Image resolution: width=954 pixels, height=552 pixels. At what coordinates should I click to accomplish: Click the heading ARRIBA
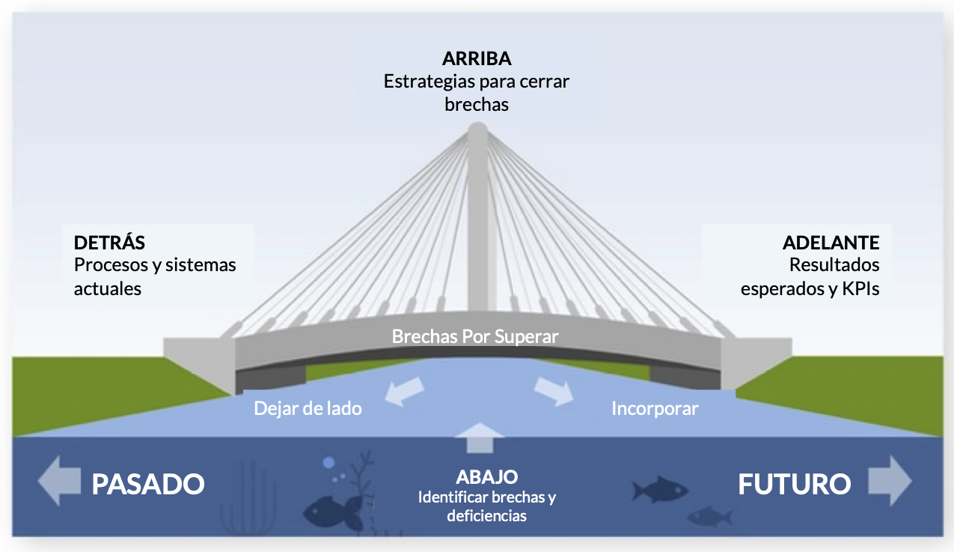(477, 59)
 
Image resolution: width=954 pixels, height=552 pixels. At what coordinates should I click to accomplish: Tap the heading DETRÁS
(109, 243)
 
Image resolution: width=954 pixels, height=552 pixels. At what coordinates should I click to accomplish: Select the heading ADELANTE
(831, 243)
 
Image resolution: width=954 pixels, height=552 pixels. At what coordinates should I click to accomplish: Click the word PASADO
(148, 484)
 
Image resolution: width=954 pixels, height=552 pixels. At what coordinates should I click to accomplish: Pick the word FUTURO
(794, 484)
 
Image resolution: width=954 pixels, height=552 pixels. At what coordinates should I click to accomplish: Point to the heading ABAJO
(486, 477)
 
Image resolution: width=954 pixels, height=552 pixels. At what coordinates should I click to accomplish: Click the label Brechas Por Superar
(475, 336)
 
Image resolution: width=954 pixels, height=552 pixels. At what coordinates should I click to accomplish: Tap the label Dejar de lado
(308, 408)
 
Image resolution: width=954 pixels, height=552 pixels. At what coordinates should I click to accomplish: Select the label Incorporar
(655, 408)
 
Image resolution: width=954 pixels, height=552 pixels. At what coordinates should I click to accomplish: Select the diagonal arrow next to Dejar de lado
(405, 392)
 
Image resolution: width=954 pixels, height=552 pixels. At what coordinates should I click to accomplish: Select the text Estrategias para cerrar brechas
(477, 92)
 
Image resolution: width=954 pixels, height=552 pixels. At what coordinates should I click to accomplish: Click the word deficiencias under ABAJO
(486, 515)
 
